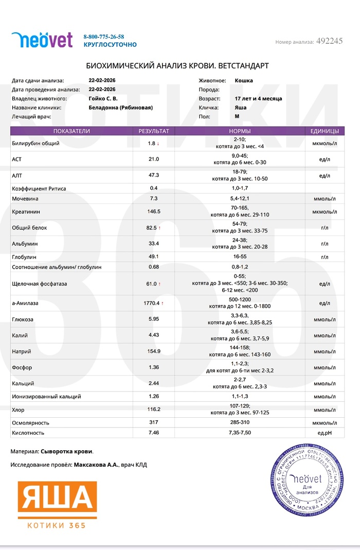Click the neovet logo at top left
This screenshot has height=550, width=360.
(x=42, y=40)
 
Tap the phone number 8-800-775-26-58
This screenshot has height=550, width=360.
(x=103, y=37)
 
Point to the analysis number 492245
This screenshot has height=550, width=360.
(x=329, y=41)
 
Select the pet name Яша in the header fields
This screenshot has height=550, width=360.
(x=240, y=108)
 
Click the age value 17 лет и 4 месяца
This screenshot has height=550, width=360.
(x=258, y=98)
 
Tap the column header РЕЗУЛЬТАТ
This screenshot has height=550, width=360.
(x=154, y=131)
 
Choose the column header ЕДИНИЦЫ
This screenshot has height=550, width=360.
(x=325, y=131)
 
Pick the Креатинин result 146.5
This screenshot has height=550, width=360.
(x=154, y=211)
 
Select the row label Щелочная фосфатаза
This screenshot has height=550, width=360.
(x=40, y=283)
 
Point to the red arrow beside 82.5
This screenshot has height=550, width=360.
(x=160, y=227)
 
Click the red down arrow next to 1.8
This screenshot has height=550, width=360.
(x=158, y=144)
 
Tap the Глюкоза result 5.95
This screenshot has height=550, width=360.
(x=154, y=320)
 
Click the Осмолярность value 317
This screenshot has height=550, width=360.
(x=154, y=422)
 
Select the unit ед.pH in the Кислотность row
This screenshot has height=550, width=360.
(x=325, y=433)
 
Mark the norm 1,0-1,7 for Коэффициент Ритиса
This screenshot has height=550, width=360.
(x=240, y=188)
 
